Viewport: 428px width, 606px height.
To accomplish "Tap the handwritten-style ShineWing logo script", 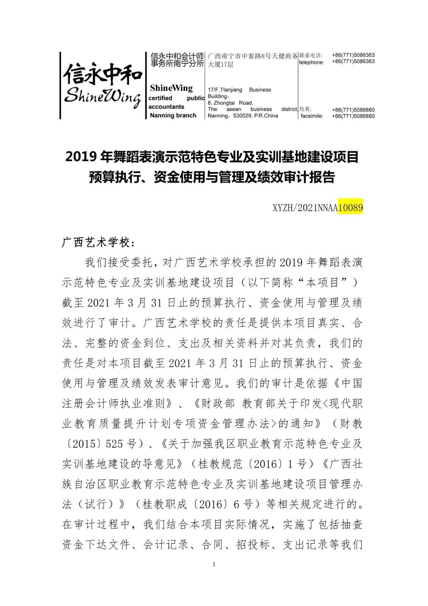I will [x=103, y=97].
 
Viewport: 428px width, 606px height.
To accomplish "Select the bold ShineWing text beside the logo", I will [x=171, y=88].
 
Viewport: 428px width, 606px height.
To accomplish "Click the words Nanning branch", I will [x=173, y=116].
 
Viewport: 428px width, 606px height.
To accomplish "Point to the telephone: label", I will [x=311, y=62].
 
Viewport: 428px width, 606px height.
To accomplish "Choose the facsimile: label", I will [x=312, y=116].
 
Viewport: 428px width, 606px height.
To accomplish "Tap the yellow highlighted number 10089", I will [x=350, y=208].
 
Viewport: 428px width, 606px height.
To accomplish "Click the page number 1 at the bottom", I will [x=214, y=564].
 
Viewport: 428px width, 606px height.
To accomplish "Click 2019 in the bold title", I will [x=79, y=157].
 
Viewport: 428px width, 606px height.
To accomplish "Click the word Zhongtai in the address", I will [x=224, y=103].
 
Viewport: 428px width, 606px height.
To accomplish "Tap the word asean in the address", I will [x=233, y=109].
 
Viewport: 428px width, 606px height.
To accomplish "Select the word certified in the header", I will [x=160, y=98].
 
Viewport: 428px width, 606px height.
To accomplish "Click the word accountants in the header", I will [x=166, y=107].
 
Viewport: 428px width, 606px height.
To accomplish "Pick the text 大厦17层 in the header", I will [x=221, y=64].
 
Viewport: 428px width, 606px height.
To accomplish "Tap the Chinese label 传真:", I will [x=305, y=109].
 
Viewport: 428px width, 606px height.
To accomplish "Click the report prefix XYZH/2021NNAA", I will [x=305, y=208].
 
